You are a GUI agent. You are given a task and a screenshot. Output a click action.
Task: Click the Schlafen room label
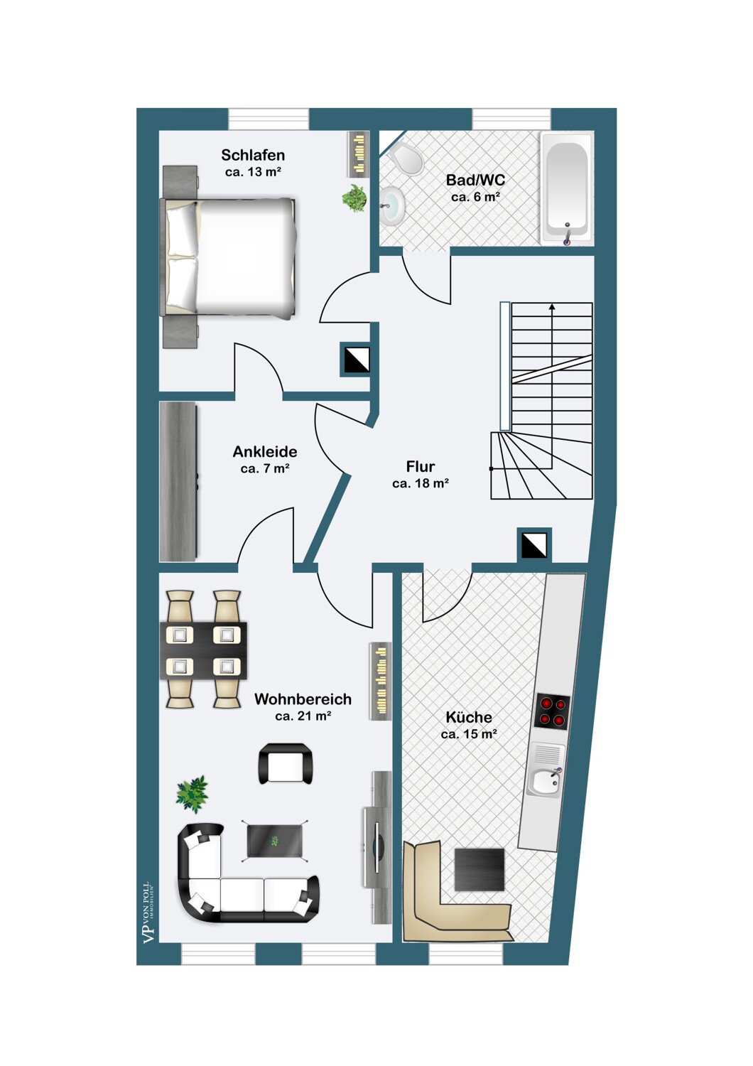[253, 155]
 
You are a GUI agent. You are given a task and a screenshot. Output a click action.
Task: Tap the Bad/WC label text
[475, 180]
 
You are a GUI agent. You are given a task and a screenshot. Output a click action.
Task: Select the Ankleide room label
[265, 451]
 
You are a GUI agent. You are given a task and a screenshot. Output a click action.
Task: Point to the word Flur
[421, 466]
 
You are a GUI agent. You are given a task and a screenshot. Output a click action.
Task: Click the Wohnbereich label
[303, 699]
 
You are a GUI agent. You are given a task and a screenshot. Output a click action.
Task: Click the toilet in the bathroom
[406, 159]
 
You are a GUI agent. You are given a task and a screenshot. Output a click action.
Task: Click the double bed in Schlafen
[228, 257]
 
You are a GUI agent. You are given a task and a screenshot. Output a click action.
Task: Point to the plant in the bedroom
[354, 198]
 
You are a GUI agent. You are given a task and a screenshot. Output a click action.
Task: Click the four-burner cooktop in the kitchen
[552, 711]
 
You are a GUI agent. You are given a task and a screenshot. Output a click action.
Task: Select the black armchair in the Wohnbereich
[286, 763]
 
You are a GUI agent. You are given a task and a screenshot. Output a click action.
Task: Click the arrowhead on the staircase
[552, 306]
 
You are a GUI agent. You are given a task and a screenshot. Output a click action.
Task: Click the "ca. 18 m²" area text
[421, 483]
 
